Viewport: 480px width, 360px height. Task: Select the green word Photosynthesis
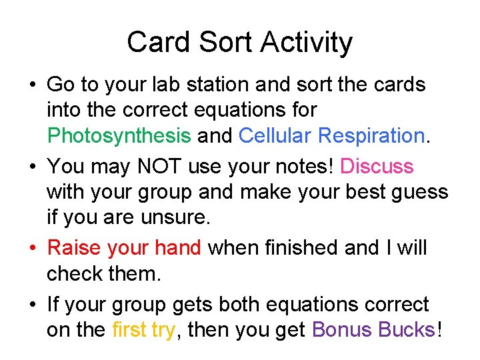(x=119, y=136)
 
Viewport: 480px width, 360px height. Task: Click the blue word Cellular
(x=275, y=136)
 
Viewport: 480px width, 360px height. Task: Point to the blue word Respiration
(x=371, y=136)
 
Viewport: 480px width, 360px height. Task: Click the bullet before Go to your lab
(x=32, y=85)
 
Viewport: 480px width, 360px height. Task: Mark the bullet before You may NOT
(x=32, y=167)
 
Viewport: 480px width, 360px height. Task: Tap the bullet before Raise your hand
(x=32, y=249)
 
